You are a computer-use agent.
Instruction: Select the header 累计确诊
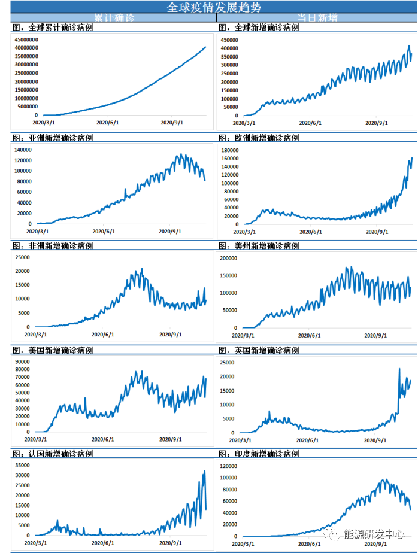[x=114, y=18]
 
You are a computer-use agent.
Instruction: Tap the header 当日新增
[x=317, y=18]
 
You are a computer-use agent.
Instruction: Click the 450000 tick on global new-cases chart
[x=230, y=40]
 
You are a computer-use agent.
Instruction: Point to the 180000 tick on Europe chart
[x=230, y=150]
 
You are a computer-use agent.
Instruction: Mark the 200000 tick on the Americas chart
[x=230, y=259]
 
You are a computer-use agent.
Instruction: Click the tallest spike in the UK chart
[x=399, y=369]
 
